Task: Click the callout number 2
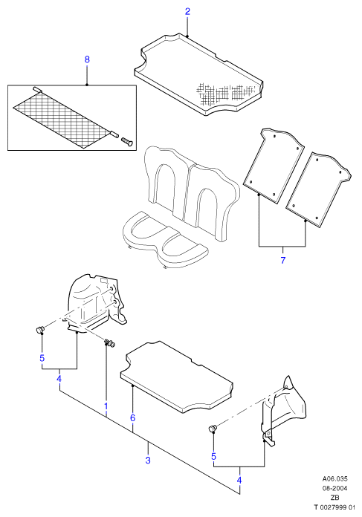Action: point(187,12)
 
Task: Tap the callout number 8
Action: point(87,59)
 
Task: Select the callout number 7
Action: point(282,260)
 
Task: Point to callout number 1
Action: point(106,406)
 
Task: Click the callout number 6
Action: point(132,418)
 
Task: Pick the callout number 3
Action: point(148,460)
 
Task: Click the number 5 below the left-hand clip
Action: point(42,358)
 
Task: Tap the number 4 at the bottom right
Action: point(239,480)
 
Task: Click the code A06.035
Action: point(335,479)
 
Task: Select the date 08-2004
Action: point(335,488)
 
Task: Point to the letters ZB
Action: point(335,498)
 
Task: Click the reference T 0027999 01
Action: point(334,507)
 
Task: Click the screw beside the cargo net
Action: point(127,141)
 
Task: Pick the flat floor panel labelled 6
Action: point(177,377)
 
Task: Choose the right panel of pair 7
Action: point(318,189)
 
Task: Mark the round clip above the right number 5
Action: point(213,429)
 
